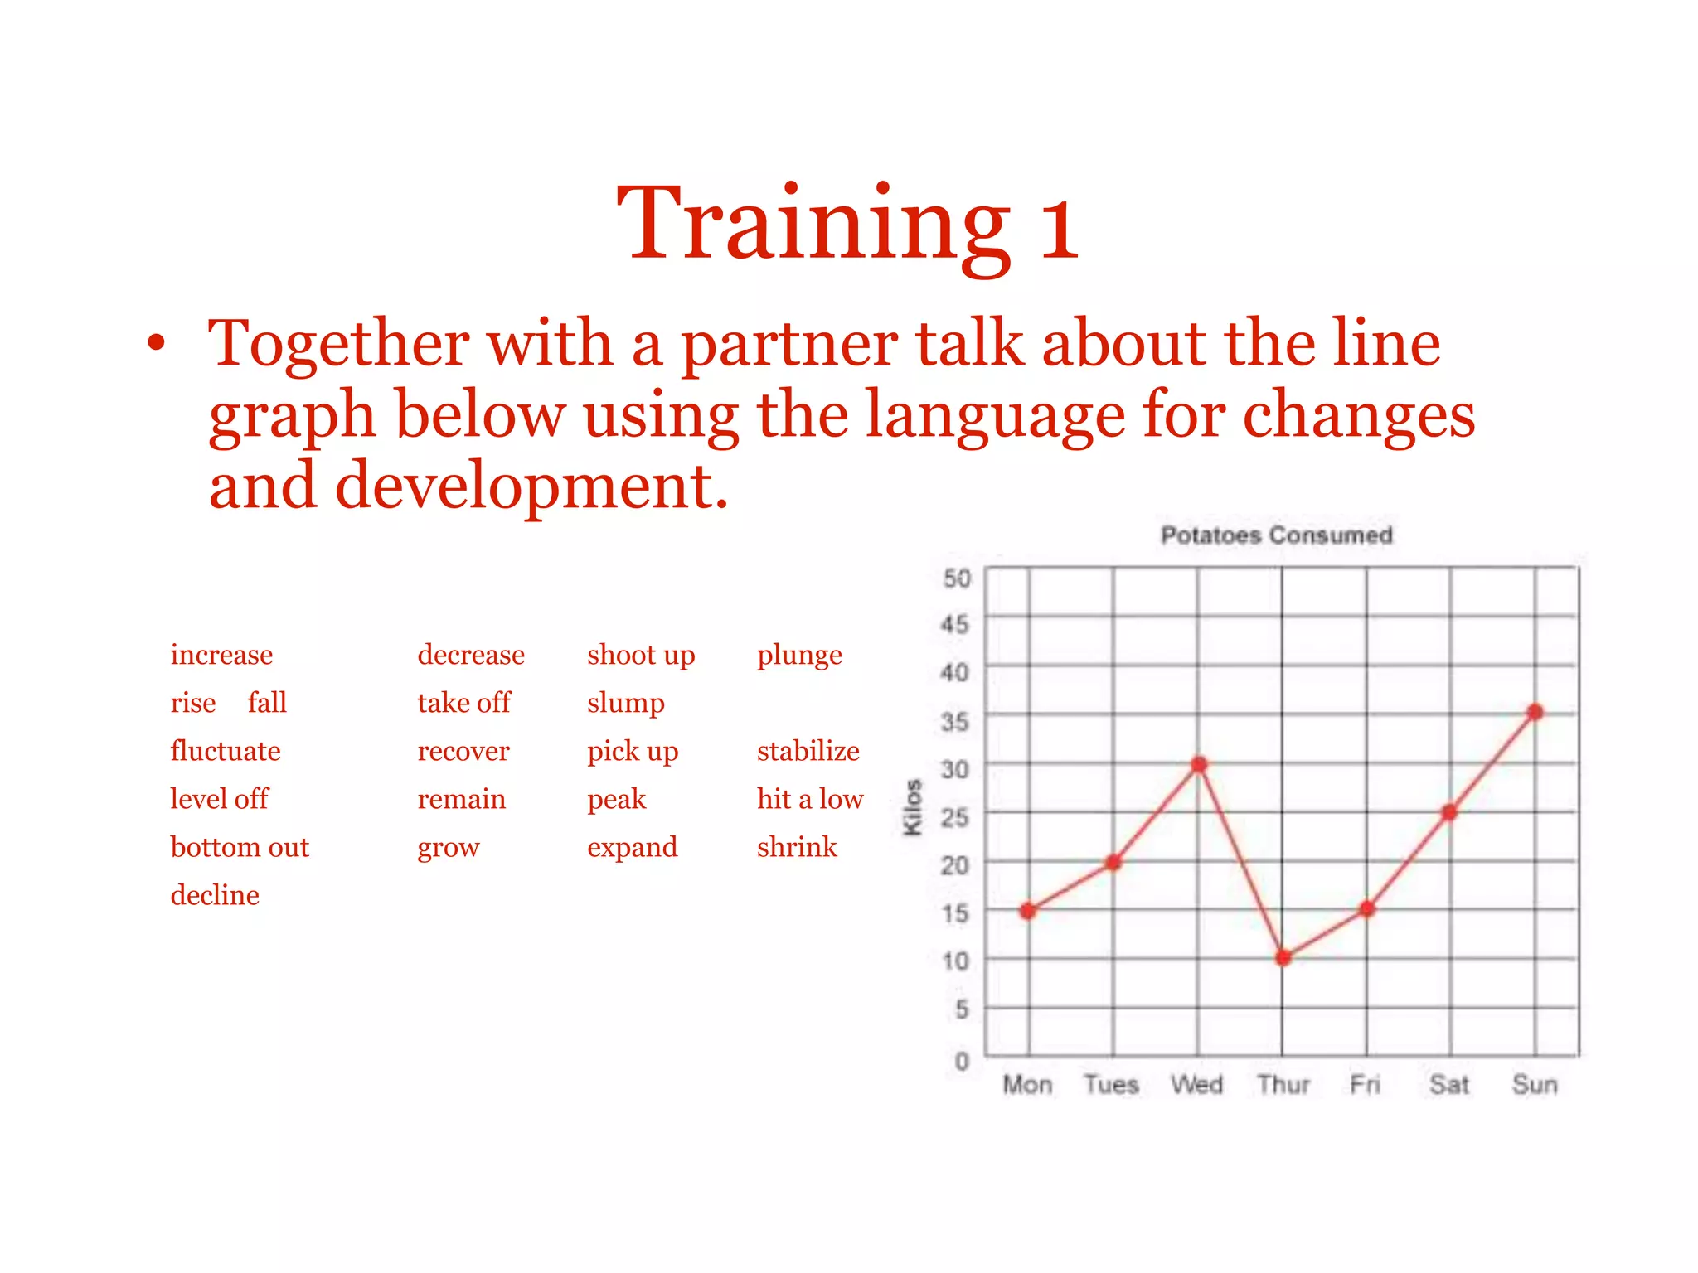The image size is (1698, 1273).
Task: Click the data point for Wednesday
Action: click(1199, 764)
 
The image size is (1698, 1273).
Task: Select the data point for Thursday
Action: click(1283, 958)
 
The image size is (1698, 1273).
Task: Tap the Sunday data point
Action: click(1535, 712)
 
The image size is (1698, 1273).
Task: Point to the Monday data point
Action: click(1028, 911)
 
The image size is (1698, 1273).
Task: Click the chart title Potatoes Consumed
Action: click(1276, 535)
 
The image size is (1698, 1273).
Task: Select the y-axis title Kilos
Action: click(913, 807)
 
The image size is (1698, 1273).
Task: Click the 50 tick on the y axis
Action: click(957, 578)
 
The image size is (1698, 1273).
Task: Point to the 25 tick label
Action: click(955, 818)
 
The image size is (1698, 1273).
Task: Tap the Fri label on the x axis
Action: click(1366, 1084)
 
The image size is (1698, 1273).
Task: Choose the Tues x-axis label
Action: click(1111, 1084)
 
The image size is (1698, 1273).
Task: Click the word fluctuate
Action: click(226, 751)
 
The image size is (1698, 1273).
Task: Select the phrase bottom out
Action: click(240, 847)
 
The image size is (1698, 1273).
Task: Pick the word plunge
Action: click(799, 656)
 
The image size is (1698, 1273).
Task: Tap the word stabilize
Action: click(808, 751)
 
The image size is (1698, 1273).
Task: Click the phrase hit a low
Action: click(810, 799)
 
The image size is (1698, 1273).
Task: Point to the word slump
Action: click(626, 704)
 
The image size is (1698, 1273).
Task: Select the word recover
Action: click(463, 751)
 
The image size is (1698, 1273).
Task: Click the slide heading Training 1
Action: click(848, 224)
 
